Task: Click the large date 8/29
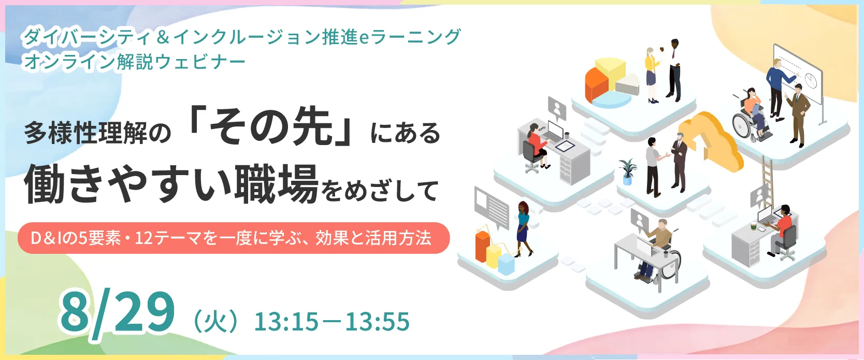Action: click(x=117, y=315)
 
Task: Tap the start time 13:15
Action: click(x=286, y=322)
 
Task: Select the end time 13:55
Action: click(x=377, y=322)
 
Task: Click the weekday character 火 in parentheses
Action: click(x=215, y=322)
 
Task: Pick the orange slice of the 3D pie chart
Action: click(x=596, y=85)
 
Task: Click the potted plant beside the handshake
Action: click(x=628, y=171)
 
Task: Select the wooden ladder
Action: click(x=767, y=181)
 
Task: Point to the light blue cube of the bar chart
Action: click(x=507, y=264)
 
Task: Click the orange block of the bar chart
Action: click(x=483, y=246)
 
